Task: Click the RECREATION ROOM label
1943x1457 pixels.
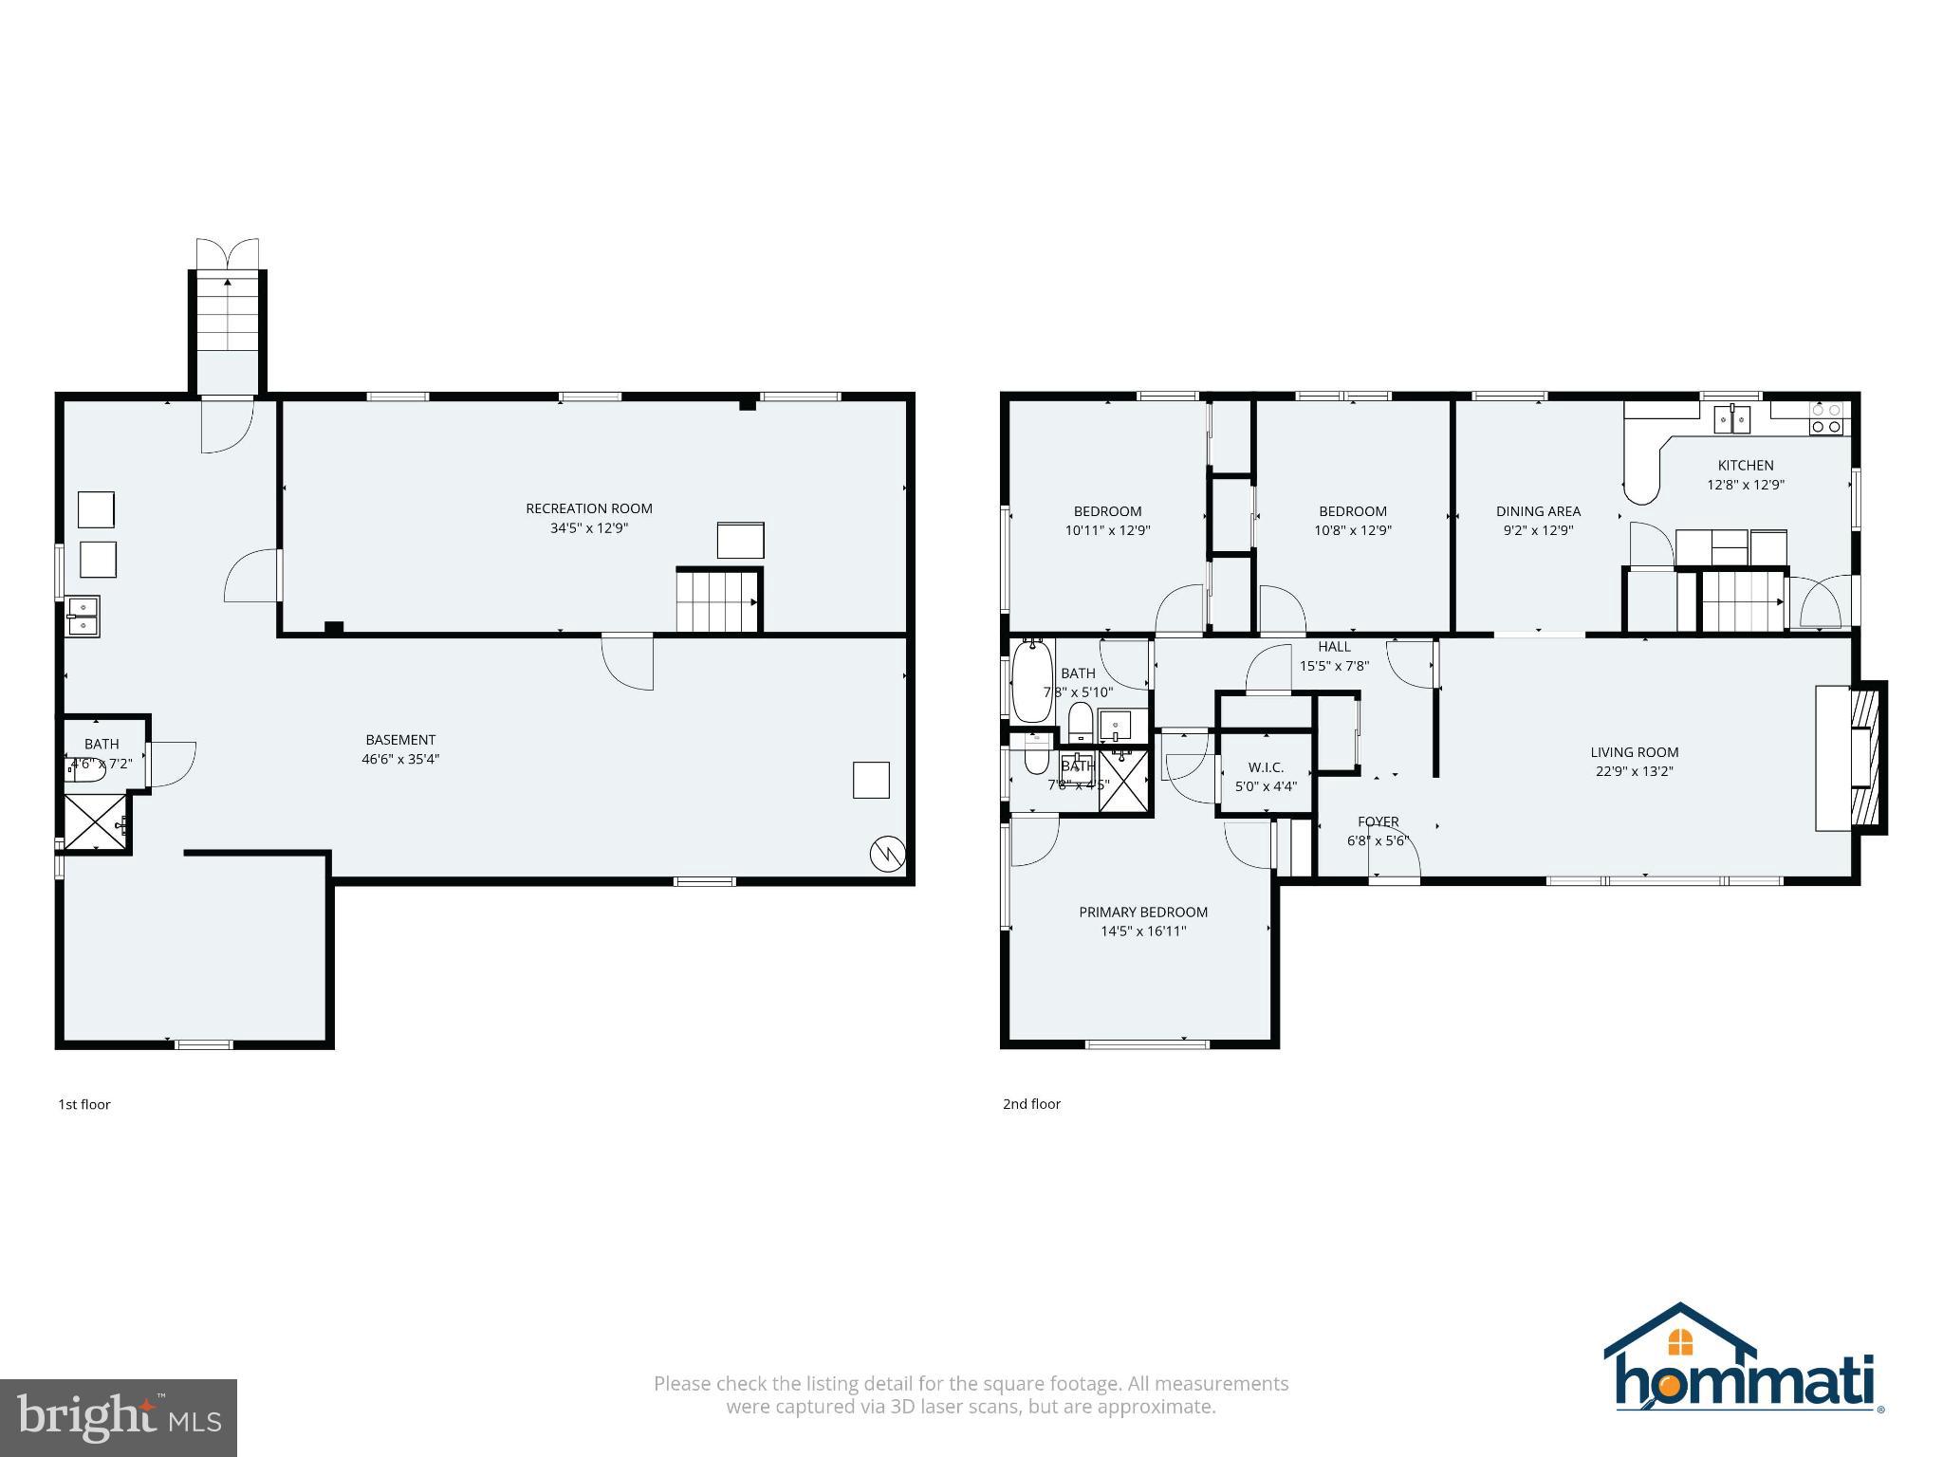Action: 589,508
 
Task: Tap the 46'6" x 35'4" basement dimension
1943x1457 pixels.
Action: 399,759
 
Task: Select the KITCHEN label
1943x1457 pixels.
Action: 1745,465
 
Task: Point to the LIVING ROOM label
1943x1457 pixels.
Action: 1634,752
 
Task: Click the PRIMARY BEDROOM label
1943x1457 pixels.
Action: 1142,912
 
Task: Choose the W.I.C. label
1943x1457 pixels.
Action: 1265,767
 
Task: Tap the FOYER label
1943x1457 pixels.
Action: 1378,821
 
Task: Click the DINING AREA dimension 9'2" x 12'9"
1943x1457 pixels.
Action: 1538,530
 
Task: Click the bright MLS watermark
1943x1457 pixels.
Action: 118,1417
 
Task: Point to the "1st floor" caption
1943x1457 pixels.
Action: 84,1104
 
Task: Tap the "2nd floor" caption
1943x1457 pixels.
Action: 1031,1103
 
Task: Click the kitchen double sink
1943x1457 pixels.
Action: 1732,418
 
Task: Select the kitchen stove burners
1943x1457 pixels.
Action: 1826,418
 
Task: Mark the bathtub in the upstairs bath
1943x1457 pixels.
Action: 1031,680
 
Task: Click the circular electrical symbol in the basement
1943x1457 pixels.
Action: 886,854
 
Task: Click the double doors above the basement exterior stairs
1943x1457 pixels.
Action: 227,254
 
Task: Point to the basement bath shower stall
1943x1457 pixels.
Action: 95,822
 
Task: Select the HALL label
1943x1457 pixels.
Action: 1333,647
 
